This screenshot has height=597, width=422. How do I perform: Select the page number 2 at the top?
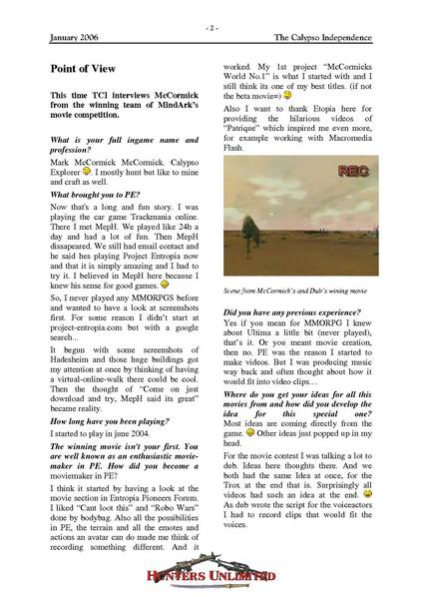coord(211,29)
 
